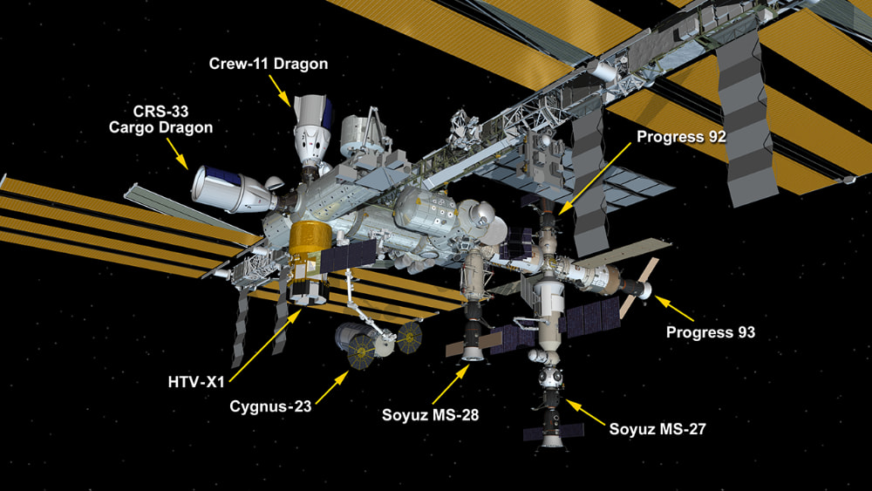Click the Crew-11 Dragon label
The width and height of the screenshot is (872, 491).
click(x=268, y=64)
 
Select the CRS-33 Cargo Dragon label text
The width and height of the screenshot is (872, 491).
click(x=160, y=119)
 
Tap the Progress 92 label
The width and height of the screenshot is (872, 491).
click(x=681, y=137)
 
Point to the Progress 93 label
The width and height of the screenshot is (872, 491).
click(x=710, y=332)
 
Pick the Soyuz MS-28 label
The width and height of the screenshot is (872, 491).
click(x=430, y=413)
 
